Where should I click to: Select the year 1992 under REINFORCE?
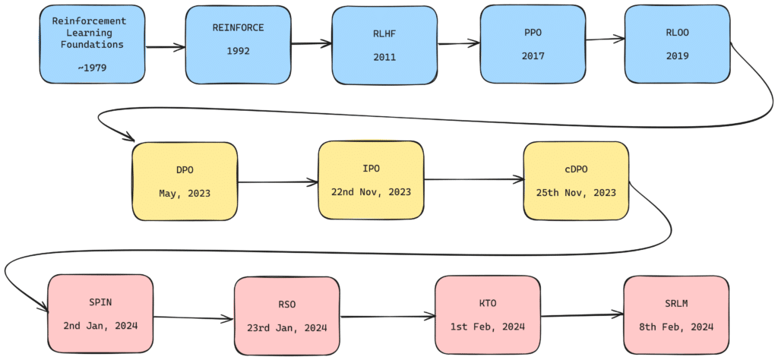point(239,52)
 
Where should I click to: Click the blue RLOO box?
point(676,45)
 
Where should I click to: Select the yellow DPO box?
point(185,182)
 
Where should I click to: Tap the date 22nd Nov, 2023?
point(371,191)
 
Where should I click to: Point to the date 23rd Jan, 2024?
point(286,328)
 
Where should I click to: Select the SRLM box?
point(675,314)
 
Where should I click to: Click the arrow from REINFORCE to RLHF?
point(311,44)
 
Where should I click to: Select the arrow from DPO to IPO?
point(277,182)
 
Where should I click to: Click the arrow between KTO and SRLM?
point(581,315)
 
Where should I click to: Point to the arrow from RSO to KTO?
point(387,316)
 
